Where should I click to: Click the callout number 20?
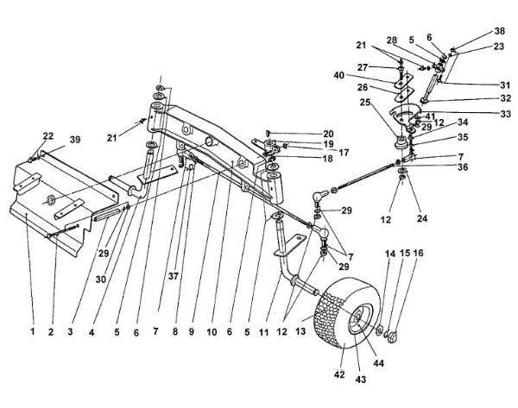coord(303,134)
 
